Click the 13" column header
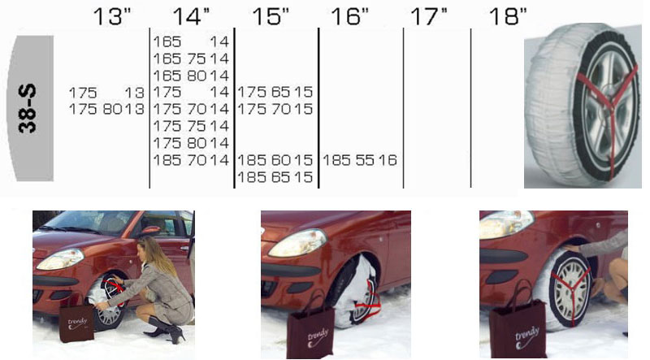(x=112, y=17)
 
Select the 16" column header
(x=349, y=17)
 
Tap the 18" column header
(x=508, y=17)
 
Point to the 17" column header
(x=429, y=17)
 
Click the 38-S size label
(x=28, y=109)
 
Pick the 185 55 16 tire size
(x=360, y=160)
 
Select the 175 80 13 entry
(x=106, y=109)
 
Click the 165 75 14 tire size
(x=191, y=59)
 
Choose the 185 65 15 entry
(x=275, y=177)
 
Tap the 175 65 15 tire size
(x=275, y=92)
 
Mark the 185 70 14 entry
(x=191, y=160)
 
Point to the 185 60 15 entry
(x=275, y=160)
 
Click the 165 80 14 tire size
(x=191, y=76)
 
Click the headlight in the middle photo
(x=297, y=243)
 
